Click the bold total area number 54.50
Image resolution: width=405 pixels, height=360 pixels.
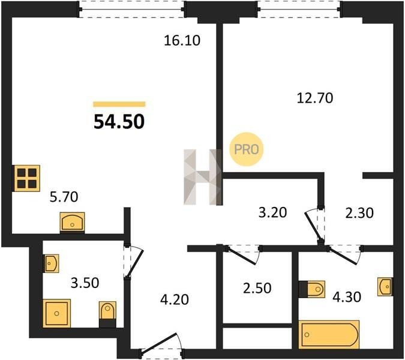click(x=119, y=122)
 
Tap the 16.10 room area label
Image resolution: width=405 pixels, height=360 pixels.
click(x=182, y=41)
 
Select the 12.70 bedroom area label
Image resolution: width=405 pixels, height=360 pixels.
click(x=315, y=98)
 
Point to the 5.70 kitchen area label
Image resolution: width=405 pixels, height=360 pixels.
click(x=64, y=197)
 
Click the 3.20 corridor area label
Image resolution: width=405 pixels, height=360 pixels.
click(x=273, y=213)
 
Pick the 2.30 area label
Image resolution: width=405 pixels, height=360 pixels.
click(x=359, y=214)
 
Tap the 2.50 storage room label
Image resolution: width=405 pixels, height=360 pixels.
click(x=257, y=288)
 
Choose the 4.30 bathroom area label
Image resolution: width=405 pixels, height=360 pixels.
click(x=347, y=297)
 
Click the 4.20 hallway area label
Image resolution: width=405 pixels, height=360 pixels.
click(x=175, y=299)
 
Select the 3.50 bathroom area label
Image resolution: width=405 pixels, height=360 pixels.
click(x=85, y=283)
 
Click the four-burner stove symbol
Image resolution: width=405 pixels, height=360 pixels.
click(x=27, y=178)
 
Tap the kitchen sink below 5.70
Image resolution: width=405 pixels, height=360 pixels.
click(x=73, y=223)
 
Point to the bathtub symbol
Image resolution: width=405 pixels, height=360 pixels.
click(x=329, y=335)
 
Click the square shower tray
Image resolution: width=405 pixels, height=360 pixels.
click(x=56, y=313)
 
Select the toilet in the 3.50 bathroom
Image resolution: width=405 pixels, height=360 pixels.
click(x=108, y=314)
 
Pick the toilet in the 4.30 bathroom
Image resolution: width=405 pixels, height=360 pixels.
click(x=312, y=289)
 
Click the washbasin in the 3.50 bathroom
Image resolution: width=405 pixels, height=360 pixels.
click(x=51, y=263)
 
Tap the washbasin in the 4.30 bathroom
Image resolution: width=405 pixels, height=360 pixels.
click(x=385, y=286)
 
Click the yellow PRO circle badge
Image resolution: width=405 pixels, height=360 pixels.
click(x=247, y=149)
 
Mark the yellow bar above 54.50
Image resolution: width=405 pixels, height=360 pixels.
click(x=119, y=104)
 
